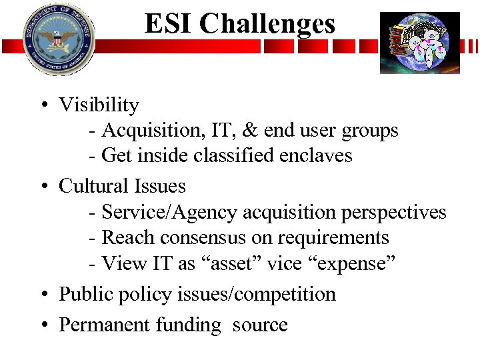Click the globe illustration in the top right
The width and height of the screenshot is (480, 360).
click(420, 42)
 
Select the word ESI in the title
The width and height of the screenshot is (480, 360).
click(169, 24)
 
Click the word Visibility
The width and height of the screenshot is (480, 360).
click(99, 105)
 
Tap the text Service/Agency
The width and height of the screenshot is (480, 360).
click(169, 213)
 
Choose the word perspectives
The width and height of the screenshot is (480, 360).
click(393, 213)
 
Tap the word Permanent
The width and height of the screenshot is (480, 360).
click(104, 325)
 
